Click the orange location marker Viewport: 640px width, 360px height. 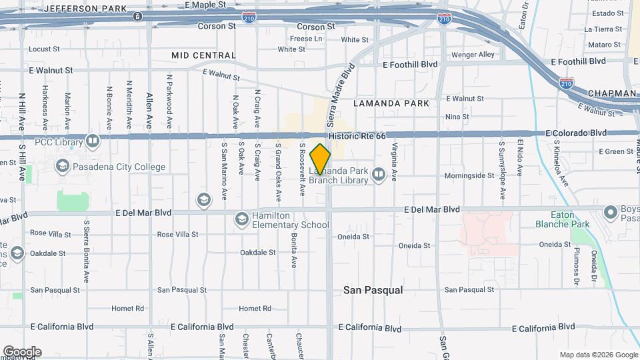(x=321, y=159)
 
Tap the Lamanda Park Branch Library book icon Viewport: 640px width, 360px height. (x=379, y=175)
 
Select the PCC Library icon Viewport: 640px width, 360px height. (x=92, y=141)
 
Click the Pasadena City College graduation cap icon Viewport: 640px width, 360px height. (x=63, y=165)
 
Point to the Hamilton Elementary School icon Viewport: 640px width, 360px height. (x=241, y=219)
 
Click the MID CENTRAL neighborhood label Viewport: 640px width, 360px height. (x=203, y=55)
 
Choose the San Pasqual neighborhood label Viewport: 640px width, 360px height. (x=373, y=290)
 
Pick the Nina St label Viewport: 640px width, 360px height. (x=457, y=117)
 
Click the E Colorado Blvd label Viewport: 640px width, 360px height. (x=576, y=133)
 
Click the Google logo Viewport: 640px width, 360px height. (x=22, y=352)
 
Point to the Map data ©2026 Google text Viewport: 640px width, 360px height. (x=598, y=355)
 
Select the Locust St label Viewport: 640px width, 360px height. (x=45, y=49)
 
